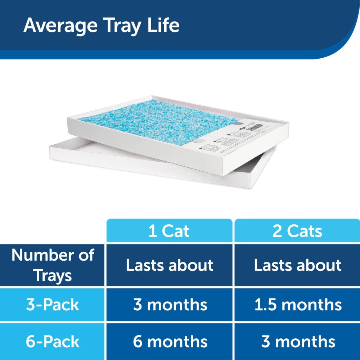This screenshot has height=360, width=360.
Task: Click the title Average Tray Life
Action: (101, 26)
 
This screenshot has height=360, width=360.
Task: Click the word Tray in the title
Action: (129, 26)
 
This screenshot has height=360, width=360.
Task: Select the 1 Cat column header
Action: (169, 231)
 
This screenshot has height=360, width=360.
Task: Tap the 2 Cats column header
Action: (297, 231)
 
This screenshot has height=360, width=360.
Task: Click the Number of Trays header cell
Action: (53, 265)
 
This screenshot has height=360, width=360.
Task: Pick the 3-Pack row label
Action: (53, 305)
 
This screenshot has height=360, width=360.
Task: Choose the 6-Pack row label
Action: (53, 341)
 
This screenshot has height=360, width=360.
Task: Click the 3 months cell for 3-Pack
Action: (170, 305)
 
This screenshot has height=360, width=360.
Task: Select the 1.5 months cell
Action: (298, 305)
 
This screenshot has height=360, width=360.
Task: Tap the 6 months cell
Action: (170, 341)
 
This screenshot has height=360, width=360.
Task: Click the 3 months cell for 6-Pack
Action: (298, 341)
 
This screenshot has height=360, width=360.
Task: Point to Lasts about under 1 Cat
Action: (169, 265)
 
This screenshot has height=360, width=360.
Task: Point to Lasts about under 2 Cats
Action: (298, 265)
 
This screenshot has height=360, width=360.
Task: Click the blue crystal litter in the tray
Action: (151, 121)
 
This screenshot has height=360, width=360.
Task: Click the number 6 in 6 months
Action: (138, 341)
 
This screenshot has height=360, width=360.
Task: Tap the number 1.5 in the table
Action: (264, 305)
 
